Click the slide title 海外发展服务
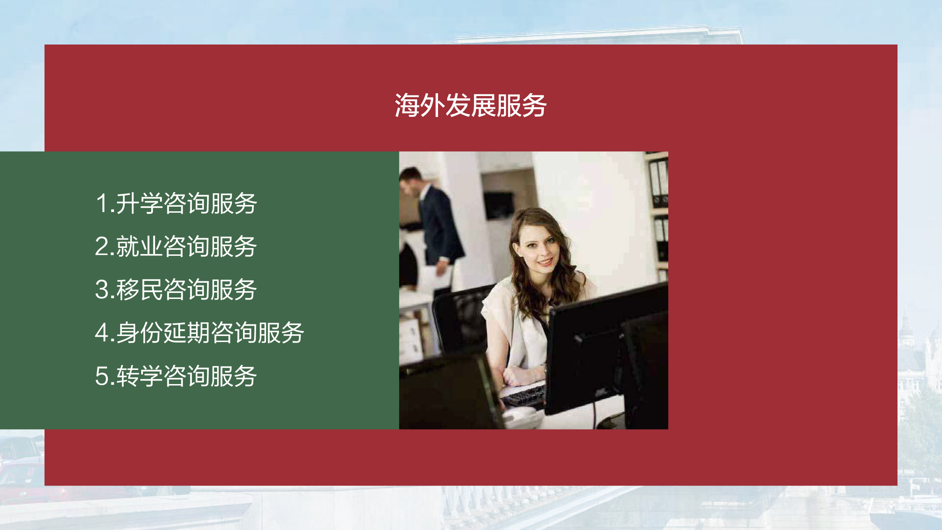coord(470,105)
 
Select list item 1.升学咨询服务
coord(176,203)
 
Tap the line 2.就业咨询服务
coord(176,246)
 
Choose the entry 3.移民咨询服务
coord(176,289)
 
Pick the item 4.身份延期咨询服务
coord(199,332)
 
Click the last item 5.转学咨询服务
coord(176,376)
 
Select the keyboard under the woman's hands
coord(524,396)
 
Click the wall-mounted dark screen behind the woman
coord(498,205)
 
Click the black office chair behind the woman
coord(461,322)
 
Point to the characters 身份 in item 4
coord(139,332)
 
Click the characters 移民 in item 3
coord(139,289)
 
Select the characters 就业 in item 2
coord(139,246)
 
